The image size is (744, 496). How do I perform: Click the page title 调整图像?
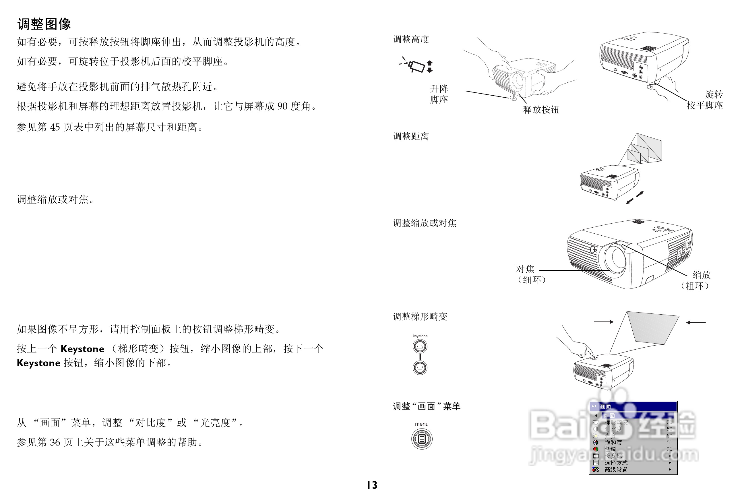click(44, 24)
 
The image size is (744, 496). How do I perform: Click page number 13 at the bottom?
click(372, 485)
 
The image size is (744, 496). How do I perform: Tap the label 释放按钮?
click(541, 110)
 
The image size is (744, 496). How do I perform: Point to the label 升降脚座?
click(439, 94)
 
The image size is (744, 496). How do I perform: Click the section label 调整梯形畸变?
click(420, 317)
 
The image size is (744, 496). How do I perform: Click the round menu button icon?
click(421, 439)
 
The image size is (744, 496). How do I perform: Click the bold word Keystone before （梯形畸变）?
click(82, 349)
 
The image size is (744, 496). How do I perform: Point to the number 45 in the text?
click(55, 127)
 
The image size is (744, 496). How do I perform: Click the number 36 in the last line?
click(55, 442)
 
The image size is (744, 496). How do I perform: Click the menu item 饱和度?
click(613, 443)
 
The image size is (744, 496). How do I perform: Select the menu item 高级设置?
click(616, 469)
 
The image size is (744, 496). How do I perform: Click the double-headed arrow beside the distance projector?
click(635, 198)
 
